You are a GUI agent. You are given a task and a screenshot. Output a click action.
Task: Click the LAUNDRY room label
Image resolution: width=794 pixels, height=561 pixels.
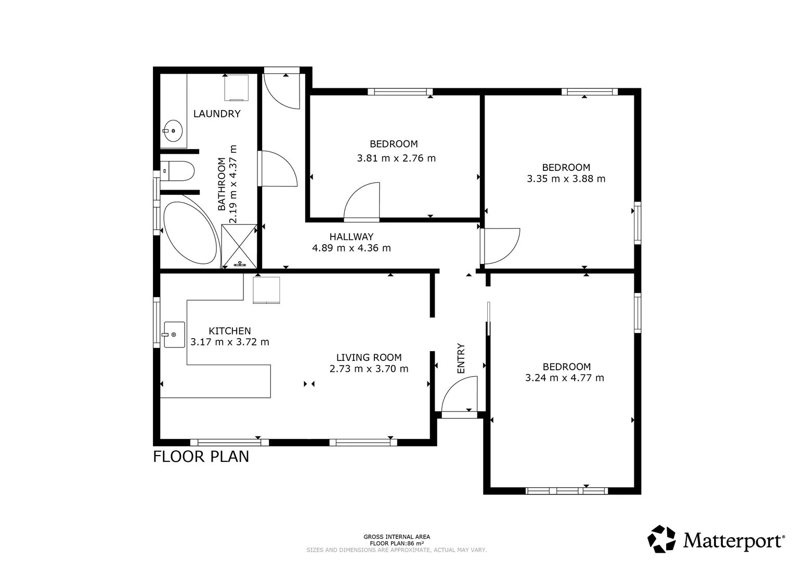[x=217, y=114]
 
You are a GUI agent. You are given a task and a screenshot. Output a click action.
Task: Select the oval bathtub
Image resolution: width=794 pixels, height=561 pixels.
[x=189, y=232]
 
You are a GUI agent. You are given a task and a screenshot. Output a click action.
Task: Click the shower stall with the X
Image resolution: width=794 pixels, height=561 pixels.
[x=239, y=246]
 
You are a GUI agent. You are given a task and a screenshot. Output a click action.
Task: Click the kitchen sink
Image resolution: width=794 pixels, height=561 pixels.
[x=174, y=335]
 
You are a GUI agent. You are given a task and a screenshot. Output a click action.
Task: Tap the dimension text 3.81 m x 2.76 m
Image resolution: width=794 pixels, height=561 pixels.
[x=396, y=158]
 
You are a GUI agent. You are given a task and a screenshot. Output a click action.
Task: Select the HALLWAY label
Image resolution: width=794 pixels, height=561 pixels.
[x=351, y=237]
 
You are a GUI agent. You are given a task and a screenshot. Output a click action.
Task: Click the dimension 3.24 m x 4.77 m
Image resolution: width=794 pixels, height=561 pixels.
[x=565, y=378]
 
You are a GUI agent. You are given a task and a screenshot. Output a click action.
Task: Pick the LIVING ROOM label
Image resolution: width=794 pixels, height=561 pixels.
[x=369, y=357]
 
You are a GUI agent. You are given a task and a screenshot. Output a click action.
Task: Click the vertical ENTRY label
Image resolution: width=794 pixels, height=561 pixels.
[x=461, y=358]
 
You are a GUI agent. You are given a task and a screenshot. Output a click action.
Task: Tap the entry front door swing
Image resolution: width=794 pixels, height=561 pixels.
[x=460, y=395]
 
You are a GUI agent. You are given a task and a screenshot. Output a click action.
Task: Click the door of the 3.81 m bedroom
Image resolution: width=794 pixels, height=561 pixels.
[x=362, y=202]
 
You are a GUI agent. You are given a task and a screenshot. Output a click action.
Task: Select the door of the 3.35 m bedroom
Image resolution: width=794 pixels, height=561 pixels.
[x=501, y=246]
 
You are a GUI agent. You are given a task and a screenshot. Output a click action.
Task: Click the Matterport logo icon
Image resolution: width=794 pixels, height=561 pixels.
[x=661, y=539]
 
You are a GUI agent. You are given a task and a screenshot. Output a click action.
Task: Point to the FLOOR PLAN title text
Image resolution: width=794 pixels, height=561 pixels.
[x=201, y=457]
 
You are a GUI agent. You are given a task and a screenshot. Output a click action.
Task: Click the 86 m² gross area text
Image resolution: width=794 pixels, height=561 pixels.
[x=397, y=543]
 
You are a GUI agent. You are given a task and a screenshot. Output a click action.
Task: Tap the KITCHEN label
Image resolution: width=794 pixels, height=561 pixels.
[x=230, y=331]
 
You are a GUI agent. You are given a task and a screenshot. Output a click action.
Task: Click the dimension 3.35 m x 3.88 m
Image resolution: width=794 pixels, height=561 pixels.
[x=566, y=179]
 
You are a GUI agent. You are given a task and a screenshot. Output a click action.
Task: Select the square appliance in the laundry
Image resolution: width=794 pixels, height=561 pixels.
[x=236, y=88]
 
